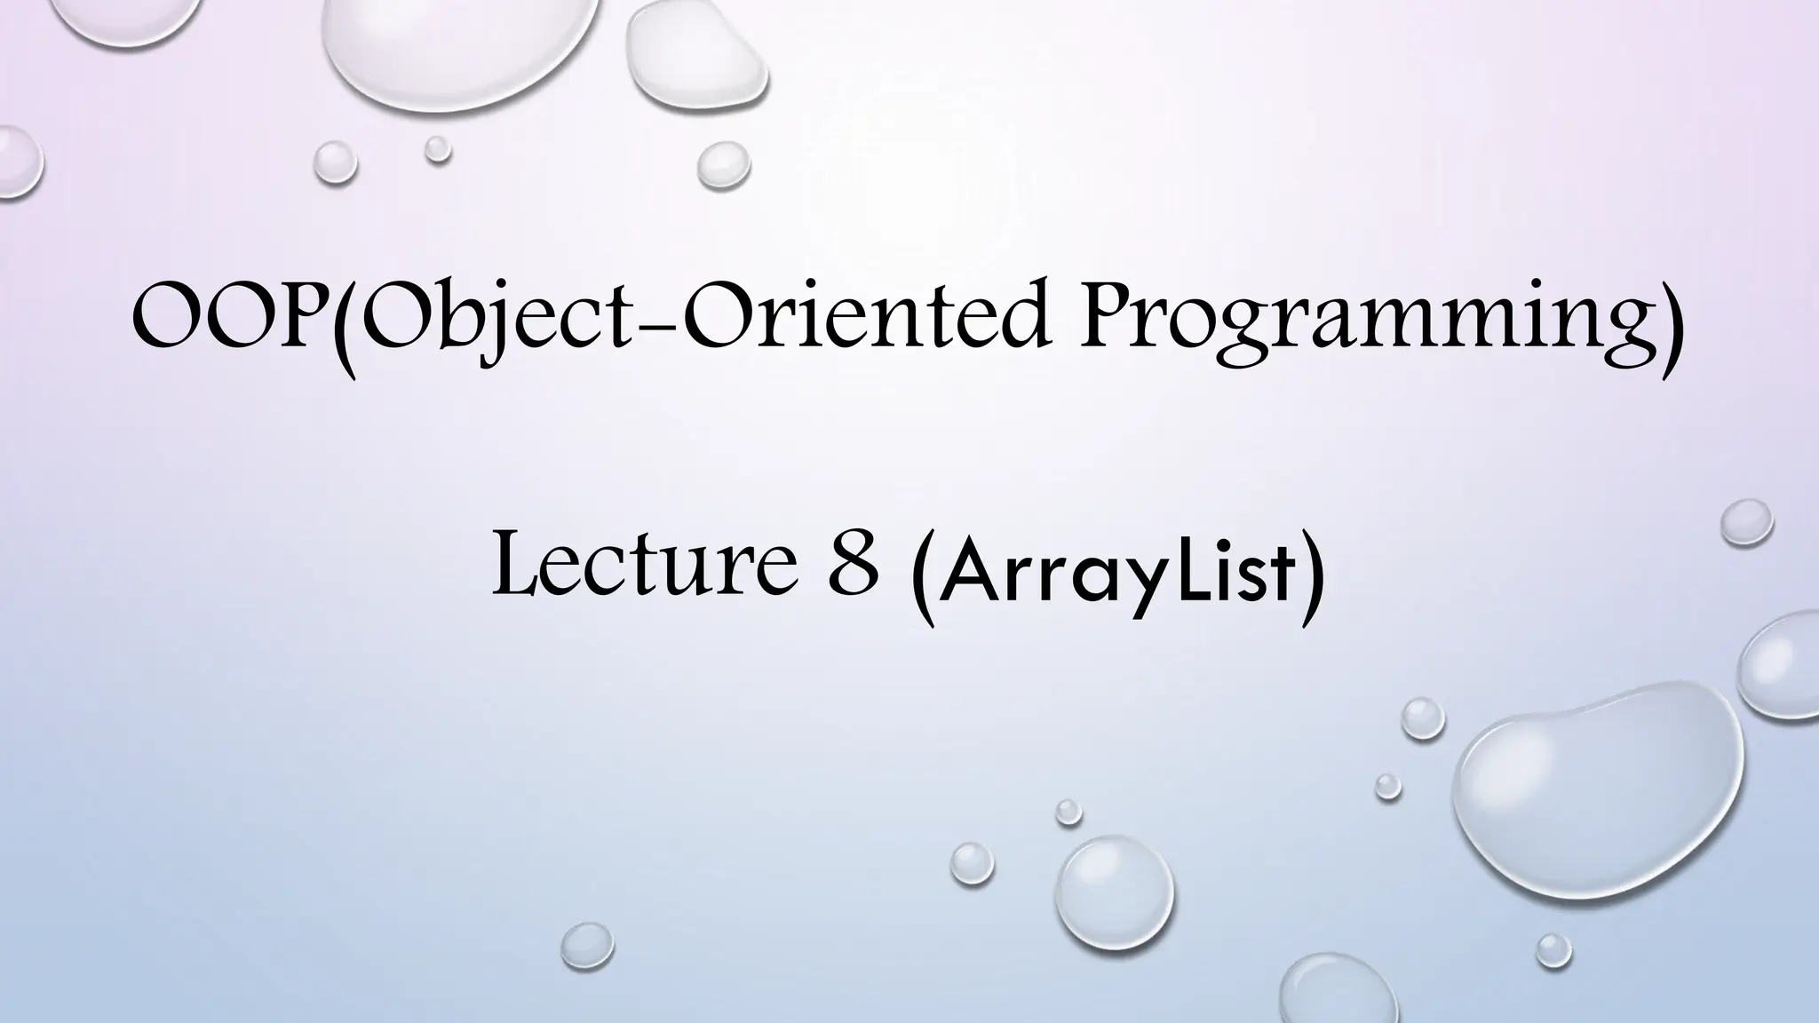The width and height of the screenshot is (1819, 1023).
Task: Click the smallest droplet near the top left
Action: tap(437, 148)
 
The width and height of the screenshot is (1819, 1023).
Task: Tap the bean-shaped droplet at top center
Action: tap(695, 53)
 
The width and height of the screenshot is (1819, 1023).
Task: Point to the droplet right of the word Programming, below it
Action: tap(1746, 522)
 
